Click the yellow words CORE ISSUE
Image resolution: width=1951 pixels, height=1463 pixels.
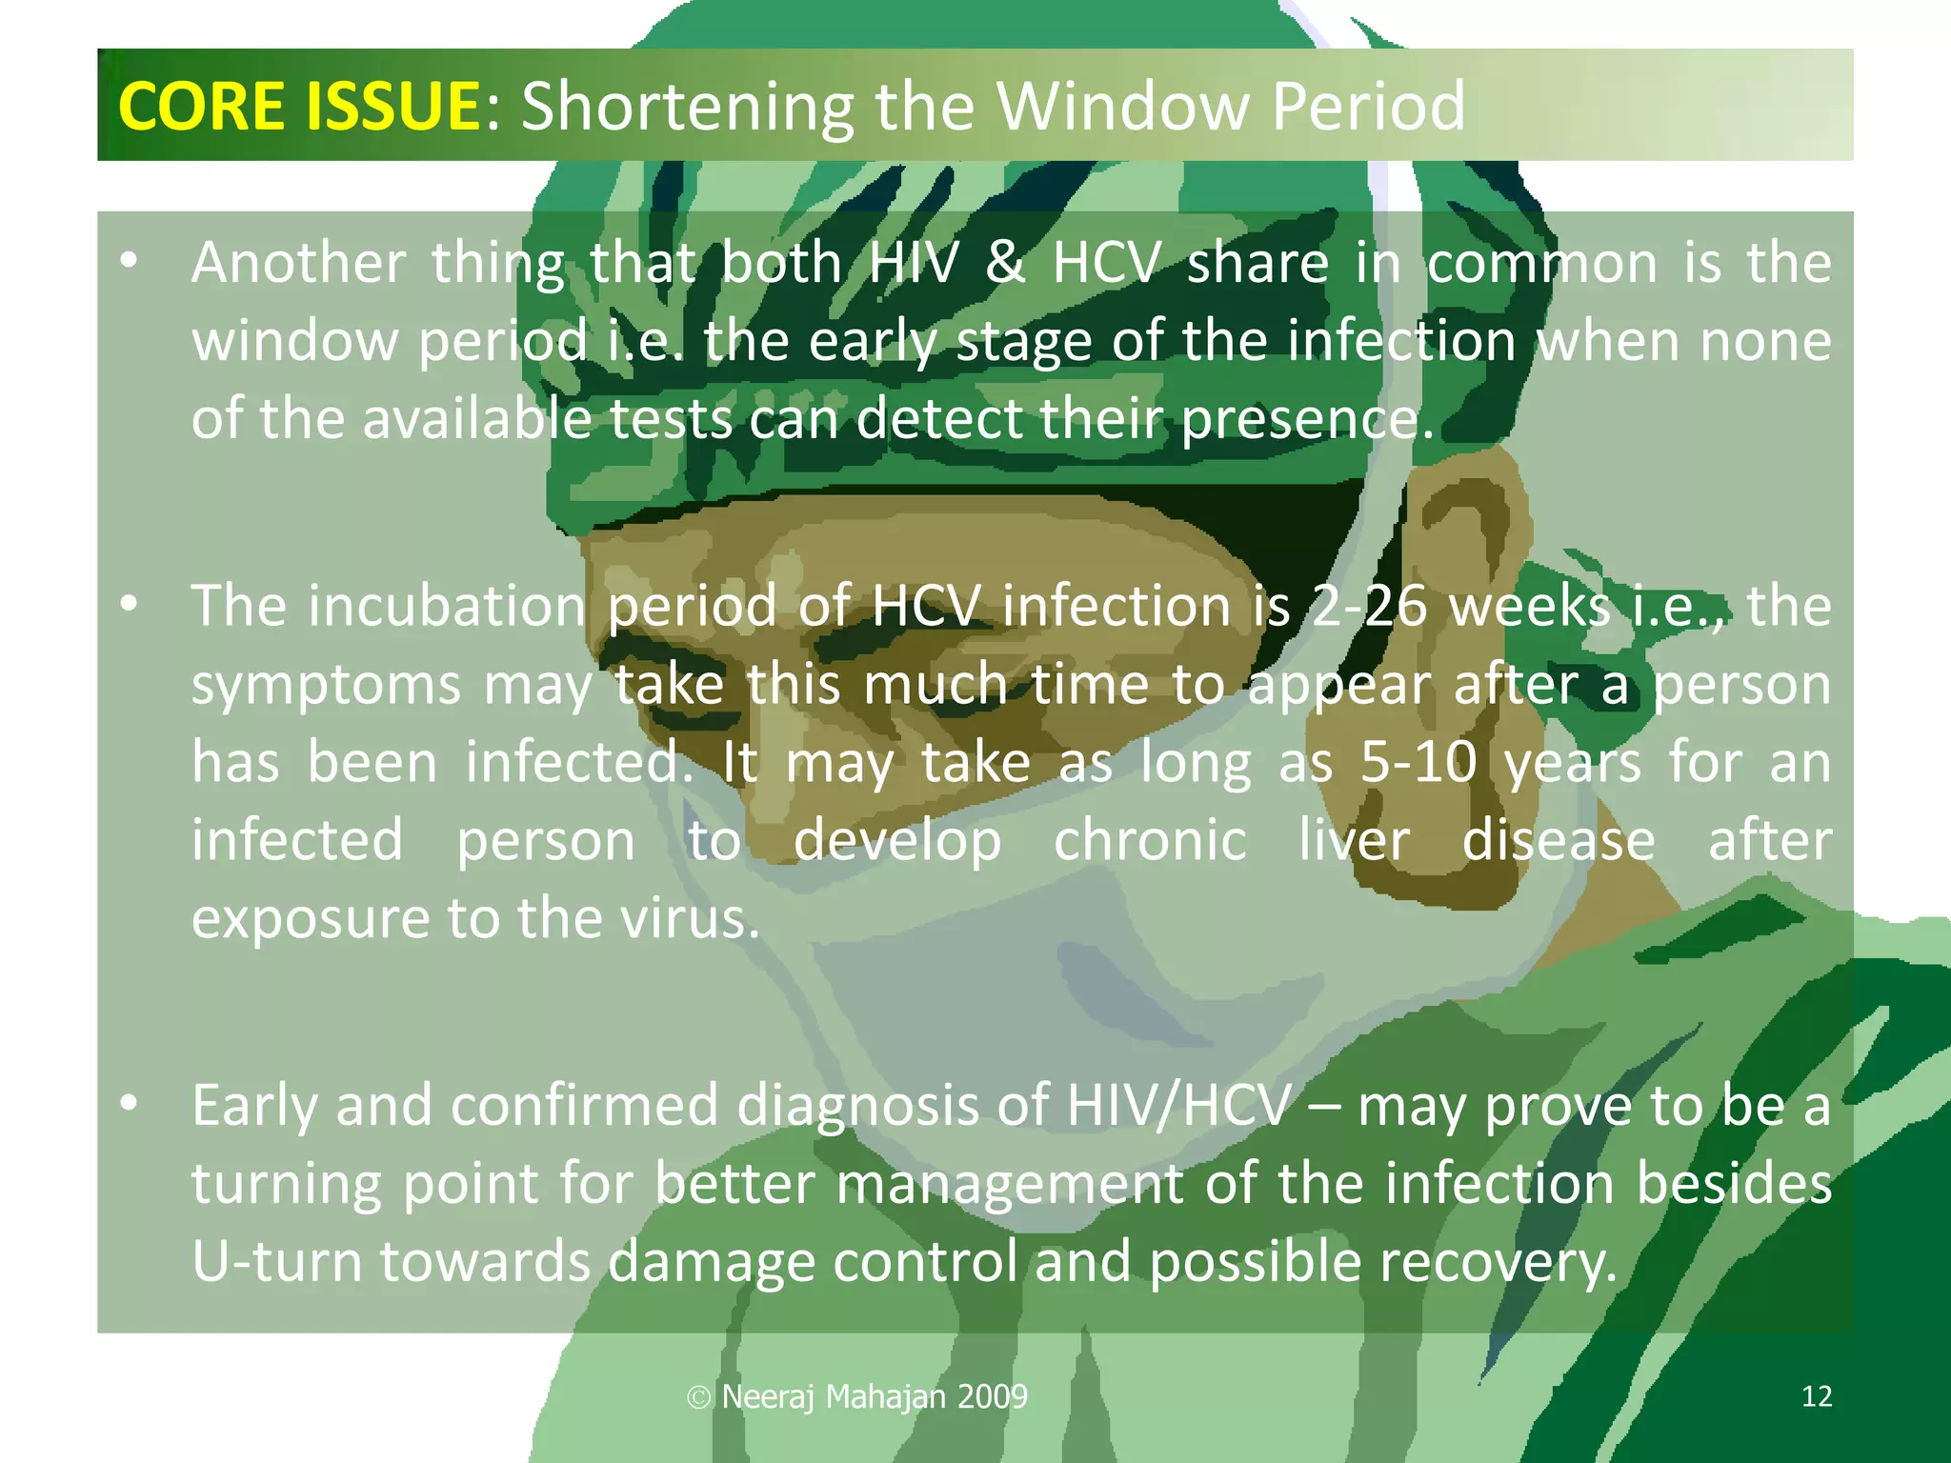point(300,106)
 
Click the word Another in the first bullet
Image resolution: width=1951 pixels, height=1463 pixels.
point(298,263)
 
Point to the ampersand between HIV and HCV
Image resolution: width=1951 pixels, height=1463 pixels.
point(1005,263)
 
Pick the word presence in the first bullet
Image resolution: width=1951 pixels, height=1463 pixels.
point(1305,419)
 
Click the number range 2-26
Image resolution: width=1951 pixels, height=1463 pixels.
point(1369,607)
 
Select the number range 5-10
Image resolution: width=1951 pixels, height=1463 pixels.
point(1418,763)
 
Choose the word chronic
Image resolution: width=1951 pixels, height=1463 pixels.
point(1150,841)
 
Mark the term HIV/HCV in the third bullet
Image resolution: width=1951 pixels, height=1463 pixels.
point(1179,1106)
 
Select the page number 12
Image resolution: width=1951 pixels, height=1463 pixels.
point(1817,1396)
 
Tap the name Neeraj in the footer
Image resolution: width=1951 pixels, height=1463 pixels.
point(768,1396)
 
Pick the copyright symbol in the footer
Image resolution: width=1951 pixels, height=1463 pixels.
point(699,1397)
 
